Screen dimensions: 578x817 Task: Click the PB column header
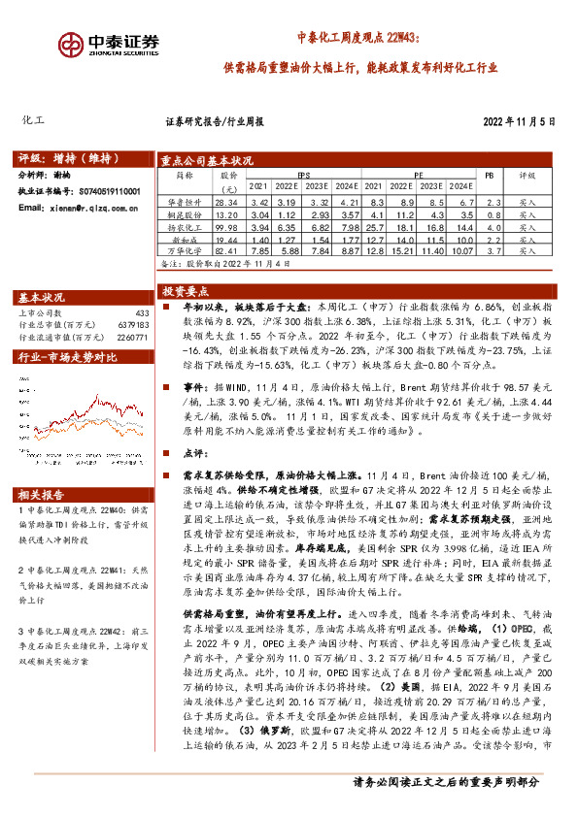pos(489,177)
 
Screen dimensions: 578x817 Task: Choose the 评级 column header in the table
pos(527,177)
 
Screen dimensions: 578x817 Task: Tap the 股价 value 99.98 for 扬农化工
pos(225,227)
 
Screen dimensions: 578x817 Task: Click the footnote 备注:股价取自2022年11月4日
pos(223,263)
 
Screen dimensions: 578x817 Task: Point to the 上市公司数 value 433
pos(142,313)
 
